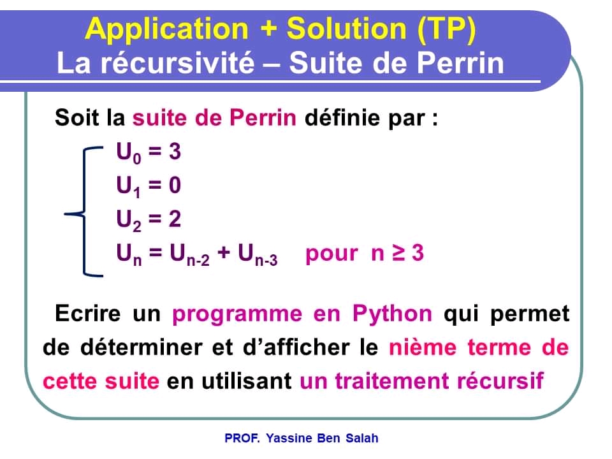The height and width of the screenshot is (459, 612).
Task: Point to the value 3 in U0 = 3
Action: tap(175, 152)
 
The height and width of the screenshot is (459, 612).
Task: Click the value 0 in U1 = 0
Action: tap(175, 186)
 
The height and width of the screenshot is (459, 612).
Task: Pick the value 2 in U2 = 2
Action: tap(175, 219)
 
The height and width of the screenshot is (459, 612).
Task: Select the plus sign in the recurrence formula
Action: tap(224, 254)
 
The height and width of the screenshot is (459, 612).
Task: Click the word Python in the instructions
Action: tap(392, 314)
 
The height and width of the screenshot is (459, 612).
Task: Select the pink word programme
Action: tap(237, 314)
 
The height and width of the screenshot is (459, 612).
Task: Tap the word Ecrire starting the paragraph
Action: tap(88, 314)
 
